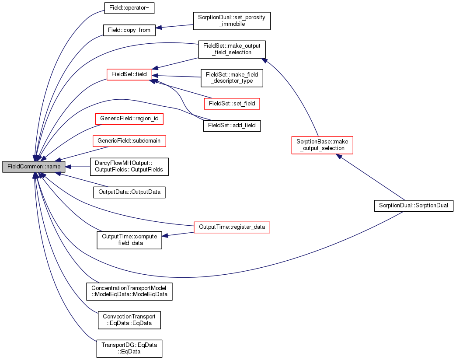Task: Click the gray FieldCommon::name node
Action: (x=34, y=167)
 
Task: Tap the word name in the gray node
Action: (x=53, y=167)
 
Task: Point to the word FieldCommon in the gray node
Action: (x=22, y=167)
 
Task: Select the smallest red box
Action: (x=129, y=75)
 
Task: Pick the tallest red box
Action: (x=322, y=145)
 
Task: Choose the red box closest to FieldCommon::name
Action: (x=129, y=141)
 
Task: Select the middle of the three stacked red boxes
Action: (x=129, y=119)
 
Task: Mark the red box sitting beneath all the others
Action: (x=232, y=227)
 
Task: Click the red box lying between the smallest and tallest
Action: (x=232, y=104)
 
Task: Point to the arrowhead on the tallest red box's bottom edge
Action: (x=339, y=156)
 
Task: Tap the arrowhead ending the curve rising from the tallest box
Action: (x=264, y=61)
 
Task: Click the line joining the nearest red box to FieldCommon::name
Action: (x=83, y=154)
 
